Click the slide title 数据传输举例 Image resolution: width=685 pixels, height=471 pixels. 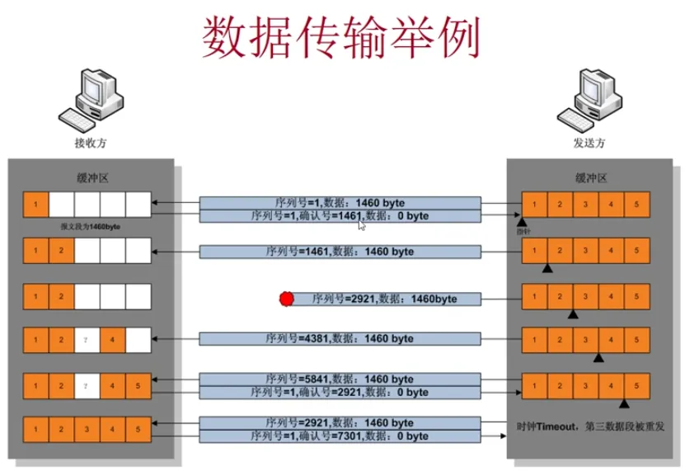(x=340, y=37)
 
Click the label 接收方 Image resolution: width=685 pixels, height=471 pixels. (x=91, y=143)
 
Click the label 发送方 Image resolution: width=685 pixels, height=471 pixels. (x=589, y=143)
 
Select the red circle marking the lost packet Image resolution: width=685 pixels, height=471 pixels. (x=286, y=299)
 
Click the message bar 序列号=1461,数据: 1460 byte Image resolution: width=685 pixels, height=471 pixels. (x=340, y=252)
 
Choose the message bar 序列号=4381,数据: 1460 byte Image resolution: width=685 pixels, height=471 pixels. (x=340, y=338)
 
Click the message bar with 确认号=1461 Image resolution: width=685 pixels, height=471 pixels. (x=340, y=216)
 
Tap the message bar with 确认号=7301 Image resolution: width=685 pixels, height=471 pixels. (x=340, y=436)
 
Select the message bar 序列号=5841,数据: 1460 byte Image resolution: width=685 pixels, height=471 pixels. (x=340, y=379)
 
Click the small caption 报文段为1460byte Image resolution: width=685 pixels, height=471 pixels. (x=87, y=225)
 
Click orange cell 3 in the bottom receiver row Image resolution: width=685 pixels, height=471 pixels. (x=87, y=430)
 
